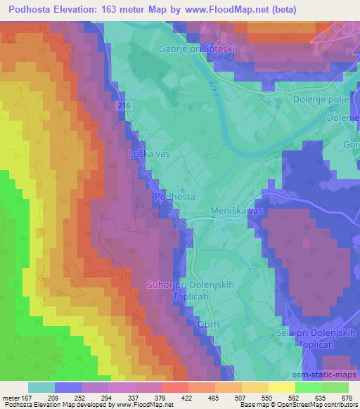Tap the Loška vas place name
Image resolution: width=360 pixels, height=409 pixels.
tap(148, 152)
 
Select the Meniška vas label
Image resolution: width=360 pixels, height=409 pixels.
tap(237, 211)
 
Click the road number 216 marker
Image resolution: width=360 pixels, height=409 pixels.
tap(124, 104)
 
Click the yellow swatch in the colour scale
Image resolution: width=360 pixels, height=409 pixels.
tap(281, 387)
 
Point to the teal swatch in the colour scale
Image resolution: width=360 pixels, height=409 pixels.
tap(41, 387)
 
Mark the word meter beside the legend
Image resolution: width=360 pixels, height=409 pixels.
tap(11, 398)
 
